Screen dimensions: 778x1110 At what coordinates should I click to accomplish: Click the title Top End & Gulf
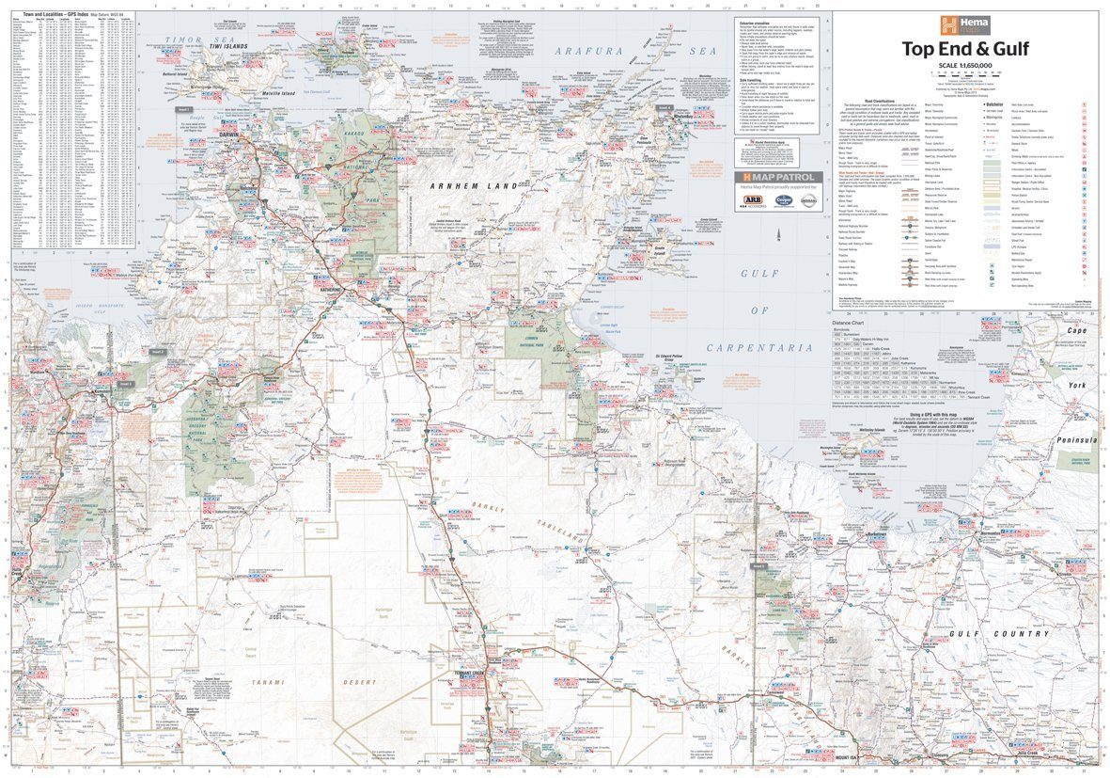(965, 49)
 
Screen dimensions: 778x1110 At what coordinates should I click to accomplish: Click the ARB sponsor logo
(753, 200)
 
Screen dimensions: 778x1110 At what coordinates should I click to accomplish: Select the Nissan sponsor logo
(807, 200)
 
